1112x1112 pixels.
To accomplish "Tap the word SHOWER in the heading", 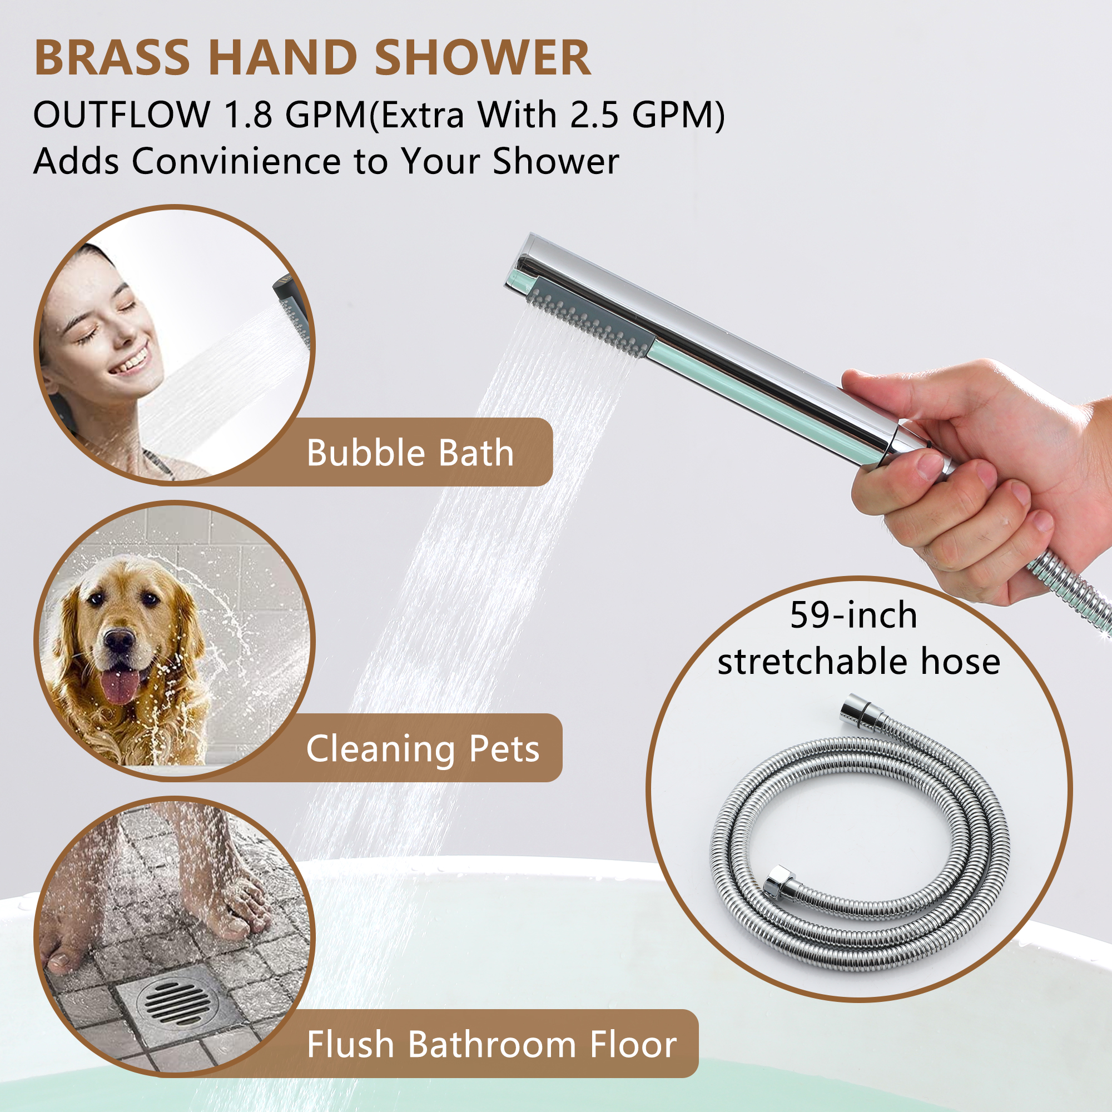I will pyautogui.click(x=482, y=58).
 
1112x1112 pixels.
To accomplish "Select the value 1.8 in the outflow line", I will pyautogui.click(x=247, y=115).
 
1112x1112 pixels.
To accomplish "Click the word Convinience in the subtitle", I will pyautogui.click(x=236, y=161).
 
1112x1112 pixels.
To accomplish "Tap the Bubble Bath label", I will pyautogui.click(x=410, y=453).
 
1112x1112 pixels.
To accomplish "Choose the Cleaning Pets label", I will pyautogui.click(x=423, y=749).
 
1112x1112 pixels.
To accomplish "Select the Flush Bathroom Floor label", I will pyautogui.click(x=492, y=1045).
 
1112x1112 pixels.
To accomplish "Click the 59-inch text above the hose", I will pyautogui.click(x=853, y=615).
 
